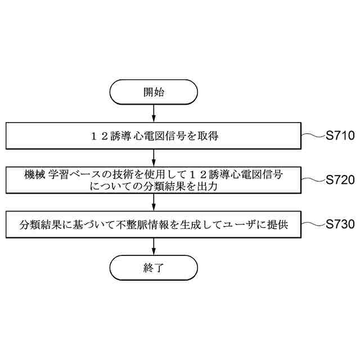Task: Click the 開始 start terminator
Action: pos(154,92)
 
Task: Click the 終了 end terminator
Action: pos(154,267)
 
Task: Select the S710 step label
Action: pos(340,135)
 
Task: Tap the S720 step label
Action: pos(340,180)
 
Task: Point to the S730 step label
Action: pos(340,224)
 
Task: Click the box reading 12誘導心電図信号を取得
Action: pos(154,136)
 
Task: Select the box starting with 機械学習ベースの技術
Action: pos(154,181)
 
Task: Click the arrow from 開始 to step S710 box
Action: pos(154,114)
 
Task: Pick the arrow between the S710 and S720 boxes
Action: pos(154,157)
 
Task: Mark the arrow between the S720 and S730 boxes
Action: pos(154,202)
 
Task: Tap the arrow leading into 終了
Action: pos(154,246)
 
